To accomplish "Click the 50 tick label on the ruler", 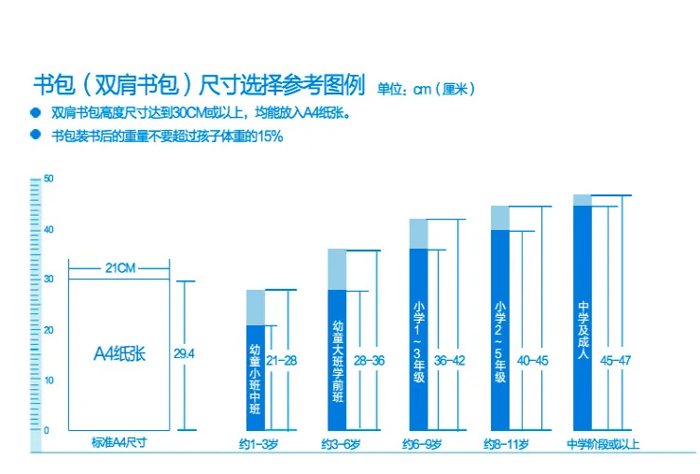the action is click(x=49, y=179).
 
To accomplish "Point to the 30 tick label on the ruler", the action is click(x=49, y=279).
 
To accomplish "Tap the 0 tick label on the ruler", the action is click(x=47, y=430).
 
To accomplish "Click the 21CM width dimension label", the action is click(x=120, y=268).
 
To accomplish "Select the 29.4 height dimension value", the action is click(x=184, y=354).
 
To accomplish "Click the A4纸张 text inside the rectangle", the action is click(x=119, y=354).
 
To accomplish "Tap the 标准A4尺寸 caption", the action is click(x=119, y=443).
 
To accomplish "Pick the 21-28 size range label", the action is click(x=281, y=361).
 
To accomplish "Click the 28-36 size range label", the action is click(x=370, y=361).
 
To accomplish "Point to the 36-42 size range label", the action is click(x=450, y=361).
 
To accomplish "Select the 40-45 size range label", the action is click(x=533, y=361).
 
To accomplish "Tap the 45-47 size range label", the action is click(x=616, y=361).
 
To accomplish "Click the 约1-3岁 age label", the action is click(x=259, y=444).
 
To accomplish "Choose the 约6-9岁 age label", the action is click(x=422, y=444).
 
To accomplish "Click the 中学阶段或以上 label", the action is click(x=603, y=444).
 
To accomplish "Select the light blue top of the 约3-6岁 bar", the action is click(x=337, y=269).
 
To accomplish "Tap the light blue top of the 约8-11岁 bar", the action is click(x=500, y=218).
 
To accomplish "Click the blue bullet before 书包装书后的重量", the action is click(x=35, y=134).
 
